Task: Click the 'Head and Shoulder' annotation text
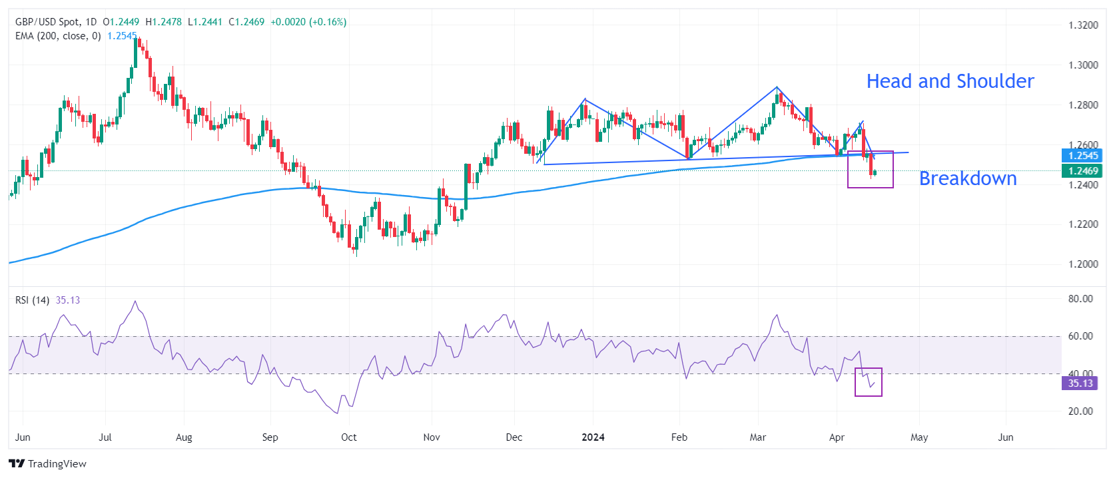point(950,81)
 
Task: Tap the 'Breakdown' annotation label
point(967,178)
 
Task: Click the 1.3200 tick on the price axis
point(1083,25)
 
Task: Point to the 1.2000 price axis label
point(1083,264)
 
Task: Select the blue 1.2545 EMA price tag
point(1083,156)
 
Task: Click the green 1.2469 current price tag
point(1083,171)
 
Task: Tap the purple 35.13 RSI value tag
point(1080,383)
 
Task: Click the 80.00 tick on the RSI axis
point(1080,299)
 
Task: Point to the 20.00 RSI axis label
point(1080,411)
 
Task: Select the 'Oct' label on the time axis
point(348,437)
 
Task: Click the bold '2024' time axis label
point(593,437)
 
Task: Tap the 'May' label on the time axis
point(919,437)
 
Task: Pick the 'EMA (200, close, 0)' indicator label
point(58,36)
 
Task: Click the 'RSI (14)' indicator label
point(32,300)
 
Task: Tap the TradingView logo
point(48,463)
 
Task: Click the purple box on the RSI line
point(869,382)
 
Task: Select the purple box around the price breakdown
point(870,169)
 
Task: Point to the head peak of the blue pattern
point(777,87)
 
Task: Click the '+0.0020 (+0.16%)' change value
point(308,22)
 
